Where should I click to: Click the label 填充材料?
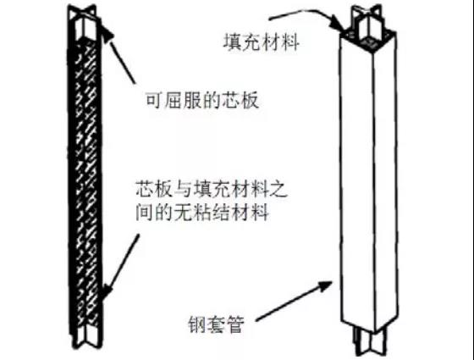coord(262,42)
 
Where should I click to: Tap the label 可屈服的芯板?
coord(202,100)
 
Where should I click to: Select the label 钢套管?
coord(216,324)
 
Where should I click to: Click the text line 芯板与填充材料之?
coord(212,190)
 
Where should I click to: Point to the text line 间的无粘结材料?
coord(202,212)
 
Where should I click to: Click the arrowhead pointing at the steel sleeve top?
coord(338,25)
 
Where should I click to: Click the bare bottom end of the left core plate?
coord(86,335)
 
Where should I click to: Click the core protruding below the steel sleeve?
coord(370,341)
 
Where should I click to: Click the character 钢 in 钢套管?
coord(197,324)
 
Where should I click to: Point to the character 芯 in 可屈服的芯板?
coord(231,100)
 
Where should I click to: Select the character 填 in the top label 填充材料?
coord(233,42)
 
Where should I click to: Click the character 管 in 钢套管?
coord(235,324)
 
